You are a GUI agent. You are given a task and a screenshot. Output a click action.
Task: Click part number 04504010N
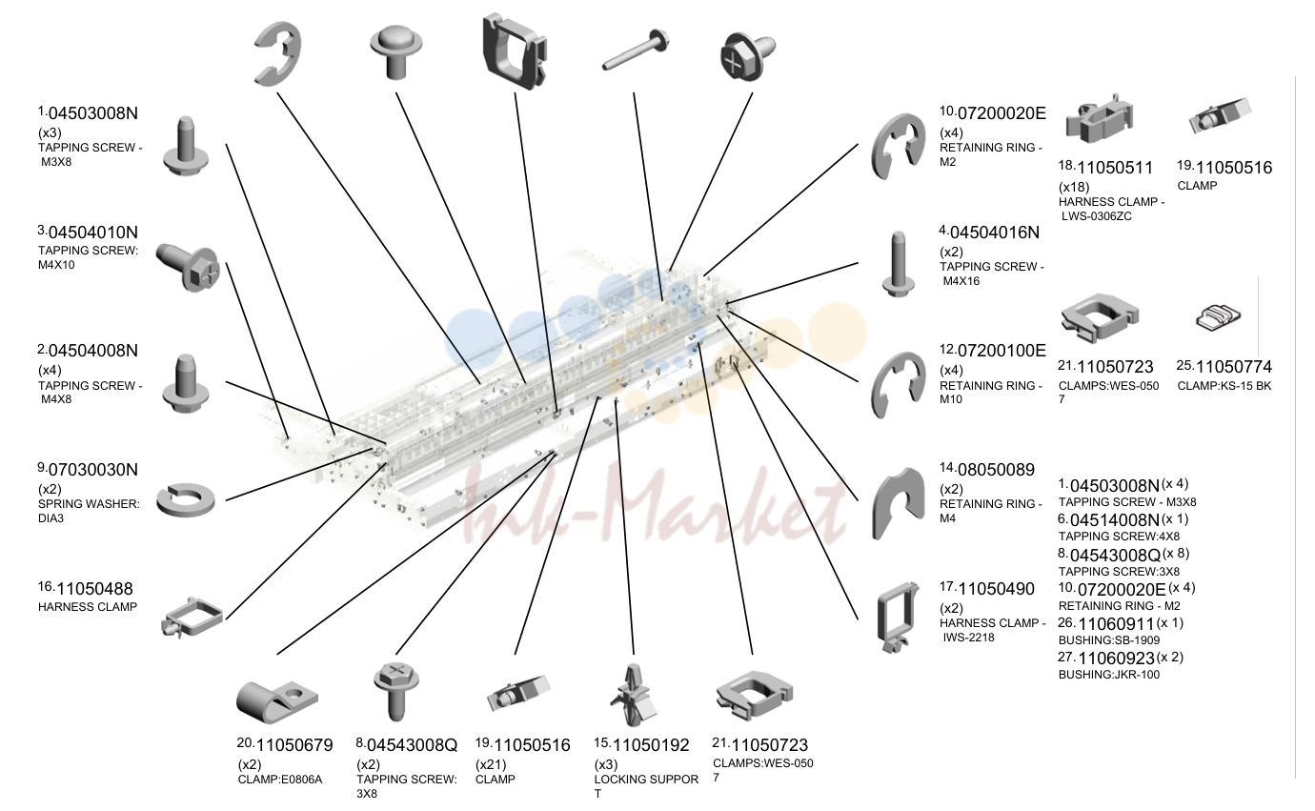click(92, 233)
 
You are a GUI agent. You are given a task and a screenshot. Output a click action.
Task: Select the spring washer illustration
click(186, 499)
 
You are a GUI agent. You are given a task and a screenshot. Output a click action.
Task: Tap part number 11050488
click(94, 589)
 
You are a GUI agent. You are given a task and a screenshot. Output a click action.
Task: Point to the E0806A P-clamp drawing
click(276, 701)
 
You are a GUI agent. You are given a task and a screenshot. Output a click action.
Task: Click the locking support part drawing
click(633, 696)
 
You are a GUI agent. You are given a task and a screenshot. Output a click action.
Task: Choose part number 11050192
click(651, 745)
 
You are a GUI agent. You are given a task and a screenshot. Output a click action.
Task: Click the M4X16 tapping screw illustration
click(898, 264)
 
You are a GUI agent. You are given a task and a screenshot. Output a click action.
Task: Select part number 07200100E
click(1001, 351)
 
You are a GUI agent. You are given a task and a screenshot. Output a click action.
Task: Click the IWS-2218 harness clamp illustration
click(897, 617)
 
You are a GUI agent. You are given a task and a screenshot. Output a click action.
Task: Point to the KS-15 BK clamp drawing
click(1218, 317)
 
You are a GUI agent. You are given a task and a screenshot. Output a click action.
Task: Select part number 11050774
click(1233, 367)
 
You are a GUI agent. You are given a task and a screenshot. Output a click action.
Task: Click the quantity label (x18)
click(1074, 188)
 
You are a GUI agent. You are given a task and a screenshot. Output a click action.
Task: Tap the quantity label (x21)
click(490, 764)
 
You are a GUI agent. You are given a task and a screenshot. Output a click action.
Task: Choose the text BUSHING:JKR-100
click(1108, 675)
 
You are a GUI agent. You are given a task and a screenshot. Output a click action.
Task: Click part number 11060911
click(1116, 624)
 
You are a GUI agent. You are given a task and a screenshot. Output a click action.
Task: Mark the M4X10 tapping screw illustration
click(188, 268)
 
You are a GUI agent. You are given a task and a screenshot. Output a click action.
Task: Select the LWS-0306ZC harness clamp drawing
click(1099, 118)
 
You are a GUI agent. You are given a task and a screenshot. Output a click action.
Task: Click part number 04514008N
click(1114, 520)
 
